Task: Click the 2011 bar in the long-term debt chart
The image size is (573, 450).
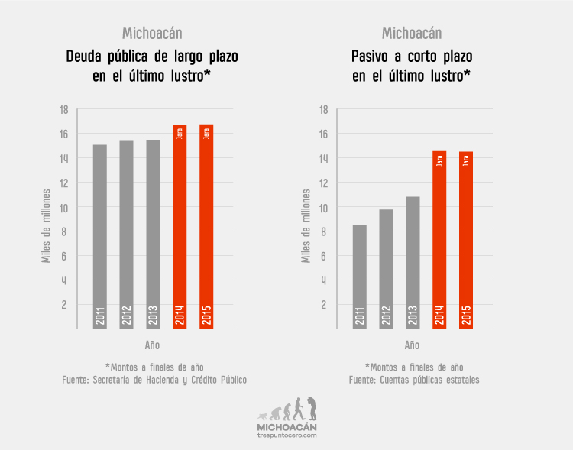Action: tap(100, 237)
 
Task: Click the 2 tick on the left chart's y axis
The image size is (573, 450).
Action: tap(64, 305)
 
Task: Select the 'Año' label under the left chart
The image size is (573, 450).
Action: tap(152, 345)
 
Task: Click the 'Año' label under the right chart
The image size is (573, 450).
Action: tap(412, 345)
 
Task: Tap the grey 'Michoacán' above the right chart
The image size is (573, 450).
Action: tap(412, 33)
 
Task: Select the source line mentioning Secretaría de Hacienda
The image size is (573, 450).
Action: tap(154, 380)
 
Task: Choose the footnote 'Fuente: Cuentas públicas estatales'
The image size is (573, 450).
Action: tap(414, 380)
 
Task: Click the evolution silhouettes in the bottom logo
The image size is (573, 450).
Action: tap(286, 410)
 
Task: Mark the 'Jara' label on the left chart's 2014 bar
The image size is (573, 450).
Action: tap(180, 133)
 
